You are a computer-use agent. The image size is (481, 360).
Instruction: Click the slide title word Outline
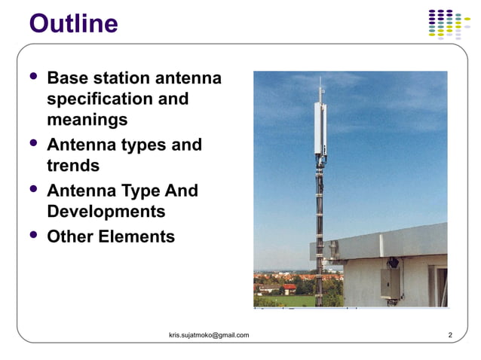coord(73,23)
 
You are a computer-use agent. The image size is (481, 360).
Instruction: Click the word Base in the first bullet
coord(66,78)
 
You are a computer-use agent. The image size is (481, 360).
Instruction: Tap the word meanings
coord(87,119)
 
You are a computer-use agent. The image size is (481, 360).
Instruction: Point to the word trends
coord(72,165)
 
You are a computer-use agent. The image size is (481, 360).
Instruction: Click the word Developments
coord(106,211)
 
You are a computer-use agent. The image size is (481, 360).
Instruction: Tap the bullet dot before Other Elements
coord(32,234)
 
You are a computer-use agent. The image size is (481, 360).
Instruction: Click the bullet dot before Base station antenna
coord(32,76)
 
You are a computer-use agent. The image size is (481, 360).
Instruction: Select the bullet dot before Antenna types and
coord(32,142)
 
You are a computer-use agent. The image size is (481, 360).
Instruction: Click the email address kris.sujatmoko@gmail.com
coord(209,335)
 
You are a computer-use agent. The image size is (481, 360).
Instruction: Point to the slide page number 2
coord(449,335)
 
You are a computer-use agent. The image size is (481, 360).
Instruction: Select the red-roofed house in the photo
coord(290,288)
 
